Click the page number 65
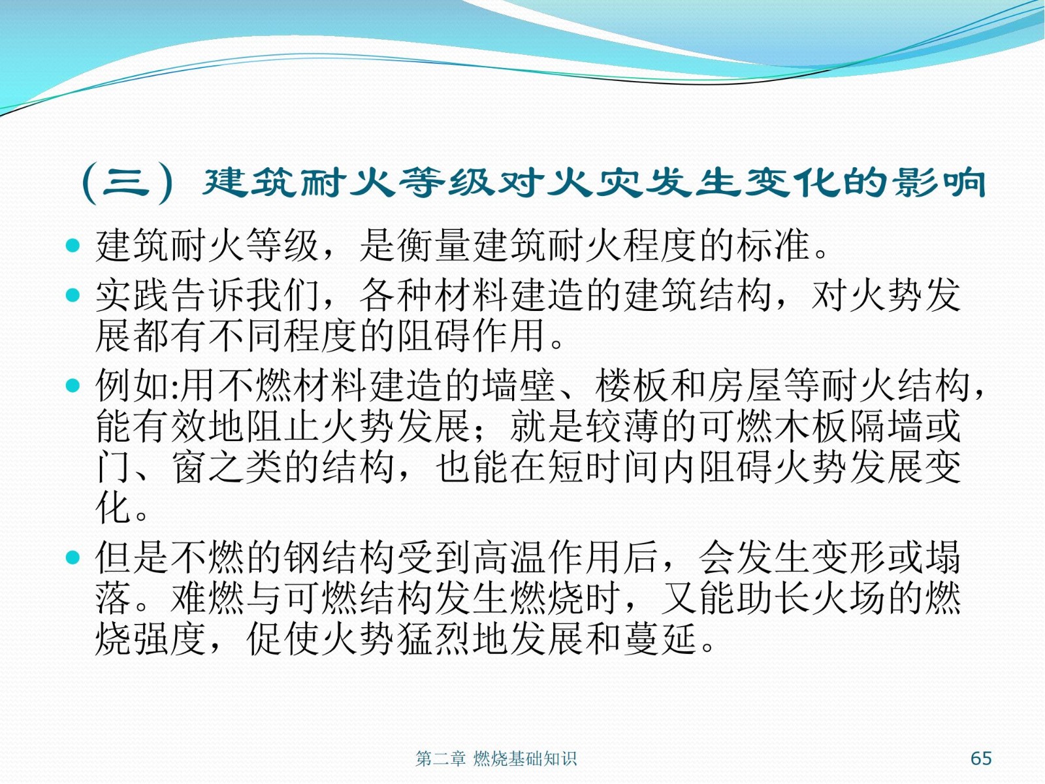pos(981,758)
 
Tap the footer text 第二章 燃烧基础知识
pos(496,759)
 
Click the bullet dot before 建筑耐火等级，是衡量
pos(72,246)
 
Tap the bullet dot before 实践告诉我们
pos(72,295)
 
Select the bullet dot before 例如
pos(72,385)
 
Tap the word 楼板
pos(632,385)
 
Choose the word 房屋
pos(744,385)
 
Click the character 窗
pos(189,467)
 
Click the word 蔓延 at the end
pos(660,639)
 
